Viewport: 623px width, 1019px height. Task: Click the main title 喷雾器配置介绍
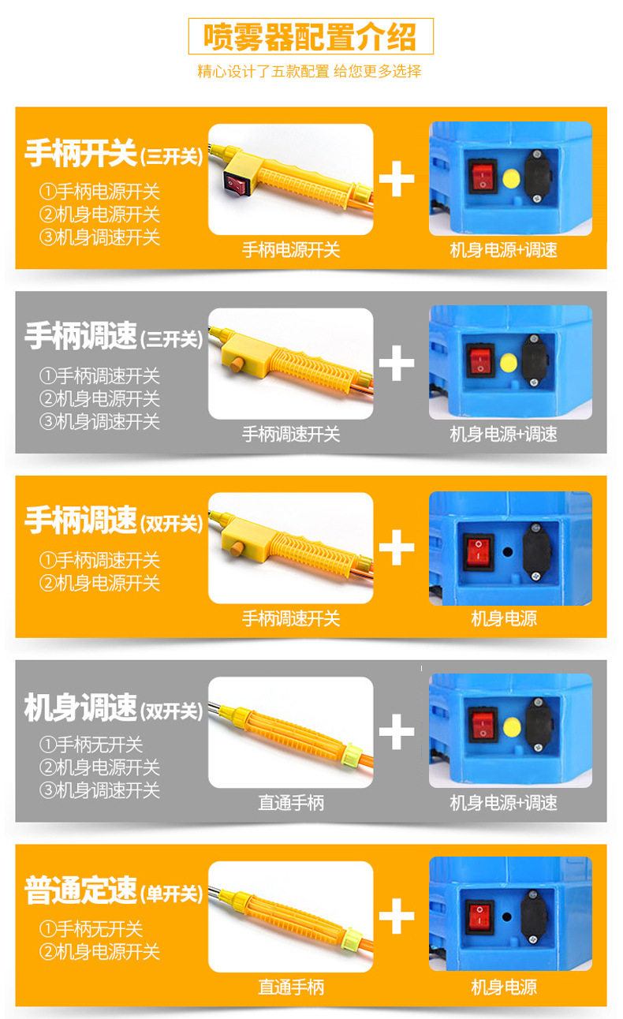(x=310, y=36)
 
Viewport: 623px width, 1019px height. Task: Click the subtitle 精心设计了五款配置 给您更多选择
(x=309, y=72)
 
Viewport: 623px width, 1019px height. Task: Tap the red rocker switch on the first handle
(x=237, y=184)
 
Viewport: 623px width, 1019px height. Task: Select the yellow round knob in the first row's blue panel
(x=512, y=179)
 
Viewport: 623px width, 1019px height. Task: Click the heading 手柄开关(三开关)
(x=114, y=154)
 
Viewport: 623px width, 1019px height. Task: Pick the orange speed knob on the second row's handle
(x=237, y=364)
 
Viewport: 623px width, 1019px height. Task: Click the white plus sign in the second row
(x=397, y=363)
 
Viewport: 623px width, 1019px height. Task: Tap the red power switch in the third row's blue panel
(x=479, y=552)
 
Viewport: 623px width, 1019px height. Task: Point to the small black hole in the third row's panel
(x=508, y=552)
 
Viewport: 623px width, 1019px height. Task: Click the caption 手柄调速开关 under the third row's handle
(x=291, y=618)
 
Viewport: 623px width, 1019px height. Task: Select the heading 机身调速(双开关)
(x=114, y=707)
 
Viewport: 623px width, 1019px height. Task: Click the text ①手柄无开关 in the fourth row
(x=91, y=745)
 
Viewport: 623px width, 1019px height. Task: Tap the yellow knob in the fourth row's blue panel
(x=512, y=727)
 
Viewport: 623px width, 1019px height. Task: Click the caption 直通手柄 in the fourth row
(x=291, y=803)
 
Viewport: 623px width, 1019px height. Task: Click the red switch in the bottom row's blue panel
(x=479, y=917)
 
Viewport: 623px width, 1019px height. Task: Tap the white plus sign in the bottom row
(x=397, y=916)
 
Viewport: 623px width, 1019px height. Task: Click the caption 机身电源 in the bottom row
(x=504, y=987)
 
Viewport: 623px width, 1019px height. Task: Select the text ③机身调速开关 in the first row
(x=100, y=237)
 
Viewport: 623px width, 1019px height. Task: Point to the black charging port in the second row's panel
(x=534, y=361)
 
